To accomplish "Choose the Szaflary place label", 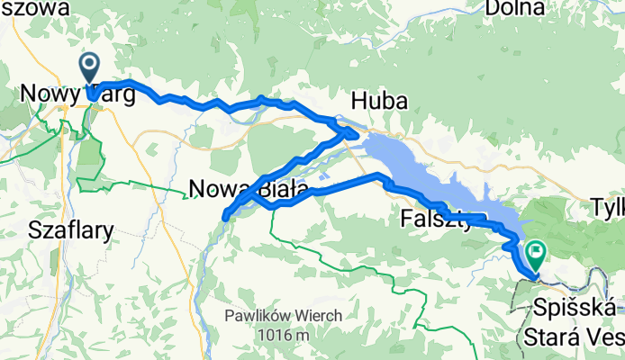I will [71, 229].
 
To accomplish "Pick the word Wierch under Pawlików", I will [312, 317].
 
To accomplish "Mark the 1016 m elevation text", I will [281, 335].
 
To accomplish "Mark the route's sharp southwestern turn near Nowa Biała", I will [224, 215].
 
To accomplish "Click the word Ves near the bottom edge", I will [610, 337].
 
